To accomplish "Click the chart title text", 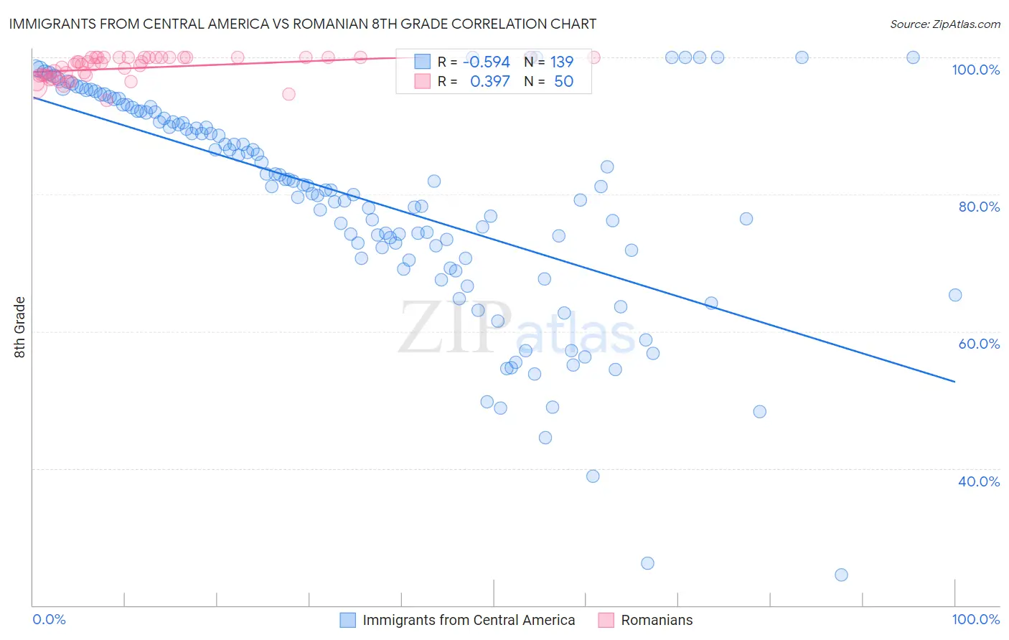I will click(x=302, y=24).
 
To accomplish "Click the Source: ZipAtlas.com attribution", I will click(x=944, y=24).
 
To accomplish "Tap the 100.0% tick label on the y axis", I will click(x=975, y=70).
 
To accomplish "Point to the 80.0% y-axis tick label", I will click(x=979, y=207).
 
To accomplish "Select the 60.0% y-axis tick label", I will click(x=979, y=344).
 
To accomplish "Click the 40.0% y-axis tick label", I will click(x=979, y=481).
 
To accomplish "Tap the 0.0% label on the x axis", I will click(x=49, y=619).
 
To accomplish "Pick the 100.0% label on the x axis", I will click(x=975, y=619).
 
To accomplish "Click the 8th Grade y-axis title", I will click(x=19, y=327).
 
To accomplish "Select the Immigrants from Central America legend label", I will click(x=469, y=620).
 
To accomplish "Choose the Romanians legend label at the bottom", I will click(x=657, y=620).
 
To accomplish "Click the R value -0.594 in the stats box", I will click(x=486, y=62).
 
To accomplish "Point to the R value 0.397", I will click(x=489, y=82).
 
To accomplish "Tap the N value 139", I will click(x=561, y=62).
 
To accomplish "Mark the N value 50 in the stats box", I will click(x=563, y=82).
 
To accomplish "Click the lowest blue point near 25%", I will click(x=841, y=575).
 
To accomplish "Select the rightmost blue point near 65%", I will click(x=954, y=295).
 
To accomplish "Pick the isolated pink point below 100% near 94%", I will click(x=288, y=94).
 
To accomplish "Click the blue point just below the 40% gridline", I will click(x=593, y=476).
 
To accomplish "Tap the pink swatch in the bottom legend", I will click(x=606, y=620).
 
